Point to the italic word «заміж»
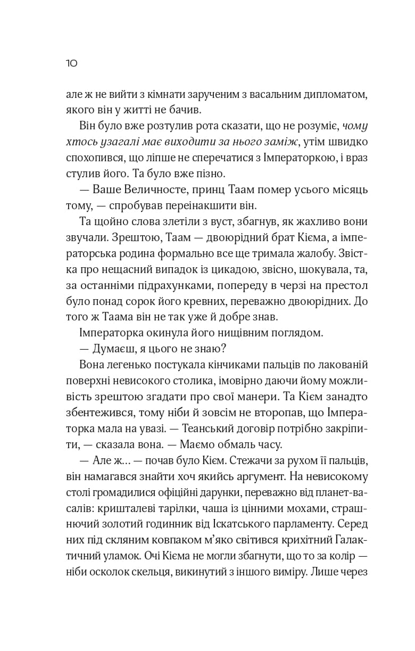pyautogui.click(x=276, y=142)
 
